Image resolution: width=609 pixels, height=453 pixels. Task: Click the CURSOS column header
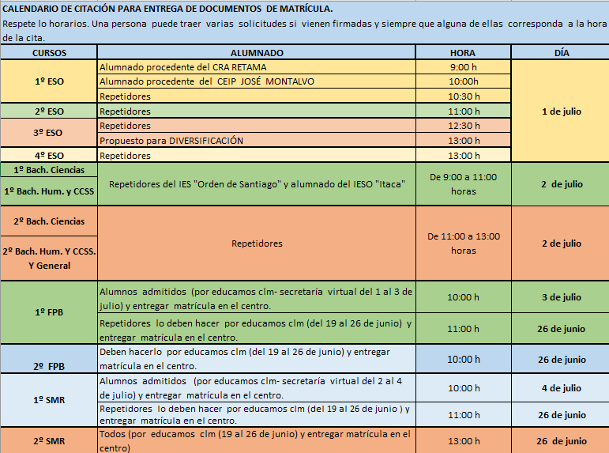pos(49,53)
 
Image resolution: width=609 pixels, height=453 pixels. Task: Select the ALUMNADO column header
pos(257,53)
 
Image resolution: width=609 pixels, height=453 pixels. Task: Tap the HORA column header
pos(463,53)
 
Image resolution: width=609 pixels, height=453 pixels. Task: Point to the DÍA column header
pos(562,53)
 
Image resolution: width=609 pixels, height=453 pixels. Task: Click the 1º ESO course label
pos(49,81)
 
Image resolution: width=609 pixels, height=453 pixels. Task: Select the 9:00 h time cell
pos(464,67)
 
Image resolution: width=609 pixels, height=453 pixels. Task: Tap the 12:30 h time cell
pos(464,126)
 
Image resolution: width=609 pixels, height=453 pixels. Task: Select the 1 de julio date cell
pos(562,111)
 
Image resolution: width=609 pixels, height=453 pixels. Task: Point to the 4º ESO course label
pos(49,156)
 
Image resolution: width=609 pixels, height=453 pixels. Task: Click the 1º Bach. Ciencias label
pos(49,170)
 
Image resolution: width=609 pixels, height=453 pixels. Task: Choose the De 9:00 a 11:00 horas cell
pos(464,184)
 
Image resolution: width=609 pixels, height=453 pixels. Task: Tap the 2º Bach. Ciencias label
pos(49,221)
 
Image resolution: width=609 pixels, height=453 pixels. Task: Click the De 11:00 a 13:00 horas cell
pos(464,243)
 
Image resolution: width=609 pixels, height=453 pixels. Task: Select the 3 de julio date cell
pos(562,297)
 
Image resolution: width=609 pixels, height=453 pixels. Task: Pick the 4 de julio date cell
pos(562,388)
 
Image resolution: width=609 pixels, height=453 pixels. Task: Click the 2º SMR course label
pos(49,441)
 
